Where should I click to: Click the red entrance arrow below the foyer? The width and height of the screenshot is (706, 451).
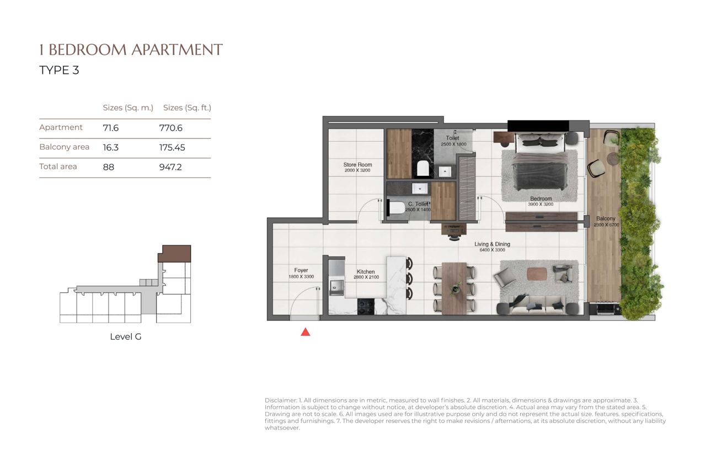(306, 332)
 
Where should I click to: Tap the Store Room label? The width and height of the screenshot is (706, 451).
(357, 165)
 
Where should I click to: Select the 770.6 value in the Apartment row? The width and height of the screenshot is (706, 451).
(171, 128)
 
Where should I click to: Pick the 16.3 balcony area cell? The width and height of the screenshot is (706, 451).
(111, 147)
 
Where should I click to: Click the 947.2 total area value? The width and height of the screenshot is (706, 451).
(170, 167)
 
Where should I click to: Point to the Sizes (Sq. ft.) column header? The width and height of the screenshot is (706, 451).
(187, 108)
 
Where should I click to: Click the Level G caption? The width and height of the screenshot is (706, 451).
(126, 337)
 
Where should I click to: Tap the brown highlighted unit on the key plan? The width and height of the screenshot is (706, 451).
(175, 254)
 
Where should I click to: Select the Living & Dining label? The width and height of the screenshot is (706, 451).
(493, 244)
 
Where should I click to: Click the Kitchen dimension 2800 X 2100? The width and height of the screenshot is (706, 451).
(366, 277)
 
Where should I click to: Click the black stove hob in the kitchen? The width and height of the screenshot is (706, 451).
(366, 307)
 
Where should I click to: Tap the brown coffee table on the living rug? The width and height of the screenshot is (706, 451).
(537, 273)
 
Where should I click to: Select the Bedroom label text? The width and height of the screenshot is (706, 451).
(541, 198)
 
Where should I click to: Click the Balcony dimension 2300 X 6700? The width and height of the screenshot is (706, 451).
(606, 225)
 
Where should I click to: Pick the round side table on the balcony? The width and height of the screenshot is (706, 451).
(613, 158)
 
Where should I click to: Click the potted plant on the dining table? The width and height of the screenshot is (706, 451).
(455, 288)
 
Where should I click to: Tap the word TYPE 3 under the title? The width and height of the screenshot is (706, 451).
(59, 70)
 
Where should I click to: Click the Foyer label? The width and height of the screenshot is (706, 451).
(301, 270)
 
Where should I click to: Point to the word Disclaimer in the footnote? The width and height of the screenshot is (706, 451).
(281, 400)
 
